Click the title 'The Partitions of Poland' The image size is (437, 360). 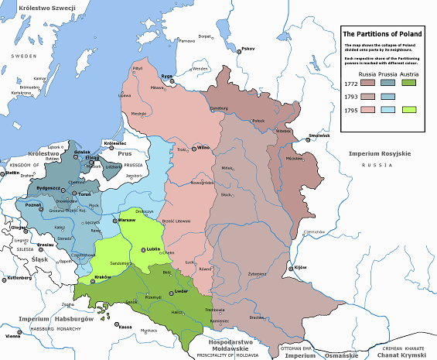[x=381, y=35]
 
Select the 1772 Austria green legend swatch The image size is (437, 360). [x=409, y=82]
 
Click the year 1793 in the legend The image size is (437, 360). [x=348, y=96]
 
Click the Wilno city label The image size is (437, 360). [x=203, y=147]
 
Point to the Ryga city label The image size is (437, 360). [x=166, y=76]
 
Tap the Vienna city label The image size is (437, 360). [x=13, y=336]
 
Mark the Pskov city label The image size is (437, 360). [x=248, y=49]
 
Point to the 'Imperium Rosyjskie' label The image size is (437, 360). [x=379, y=155]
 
